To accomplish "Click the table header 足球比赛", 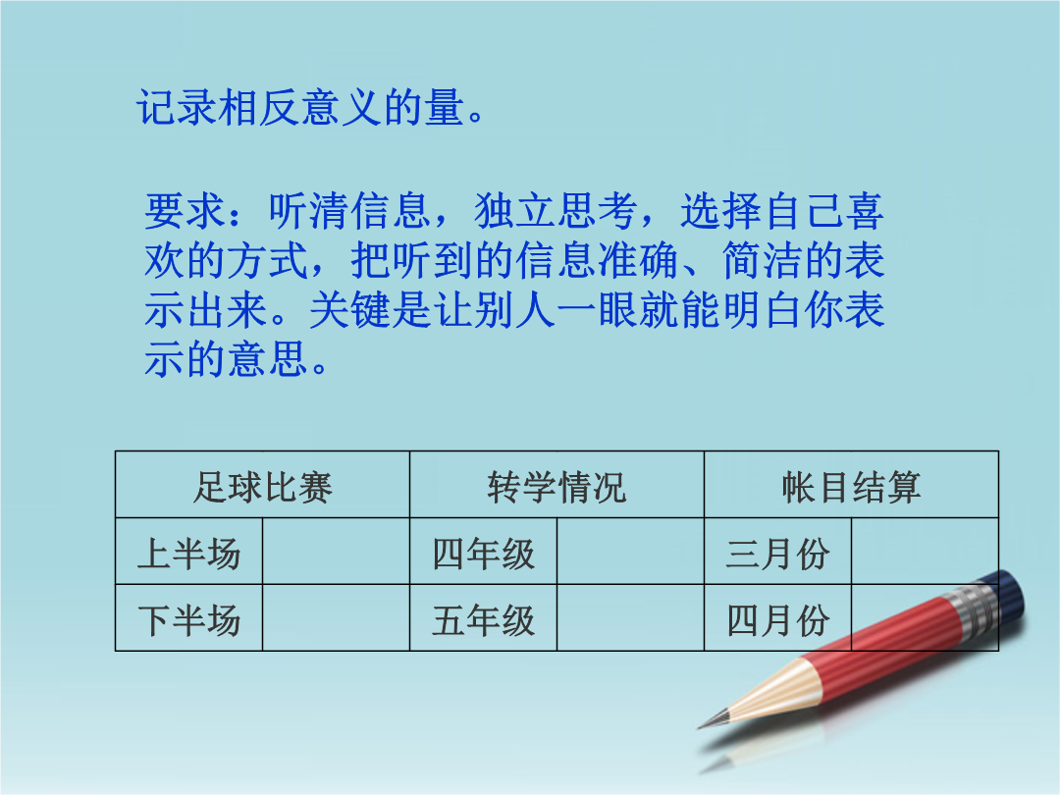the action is click(262, 487).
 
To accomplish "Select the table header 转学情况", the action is click(556, 487).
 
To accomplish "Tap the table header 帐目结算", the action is click(851, 487).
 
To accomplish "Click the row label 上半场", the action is click(188, 554).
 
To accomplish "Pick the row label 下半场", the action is click(188, 620).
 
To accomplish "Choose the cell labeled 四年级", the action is click(483, 554).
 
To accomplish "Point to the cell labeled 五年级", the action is click(483, 620).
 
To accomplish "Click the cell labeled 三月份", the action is click(777, 554).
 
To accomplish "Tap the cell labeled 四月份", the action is click(777, 620).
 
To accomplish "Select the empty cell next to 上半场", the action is click(336, 551).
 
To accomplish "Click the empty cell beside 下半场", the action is click(336, 618).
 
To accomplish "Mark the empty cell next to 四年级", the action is click(631, 551).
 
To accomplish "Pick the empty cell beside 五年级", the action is click(631, 618).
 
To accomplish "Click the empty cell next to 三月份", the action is click(925, 551).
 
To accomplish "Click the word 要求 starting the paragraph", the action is click(184, 211).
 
